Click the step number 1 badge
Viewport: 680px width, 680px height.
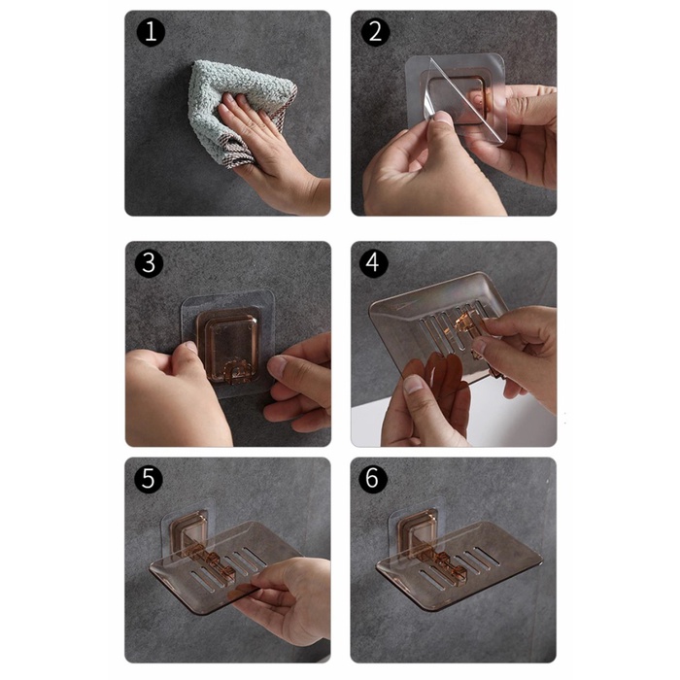[151, 32]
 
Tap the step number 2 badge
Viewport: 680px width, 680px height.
[375, 32]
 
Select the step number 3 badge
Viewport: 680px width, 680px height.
[149, 263]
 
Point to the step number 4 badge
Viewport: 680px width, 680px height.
[373, 263]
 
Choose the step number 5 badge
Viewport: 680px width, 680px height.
[149, 479]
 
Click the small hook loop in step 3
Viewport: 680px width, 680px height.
[236, 372]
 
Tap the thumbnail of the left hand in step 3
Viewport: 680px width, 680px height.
[190, 347]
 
